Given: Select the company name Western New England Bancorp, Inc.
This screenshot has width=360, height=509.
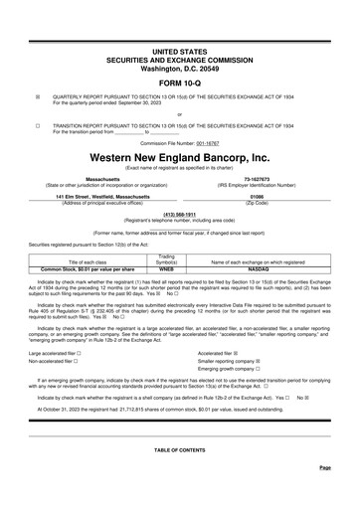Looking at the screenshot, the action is pyautogui.click(x=179, y=158).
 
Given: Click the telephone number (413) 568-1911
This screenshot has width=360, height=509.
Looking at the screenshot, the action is pyautogui.click(x=179, y=214).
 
